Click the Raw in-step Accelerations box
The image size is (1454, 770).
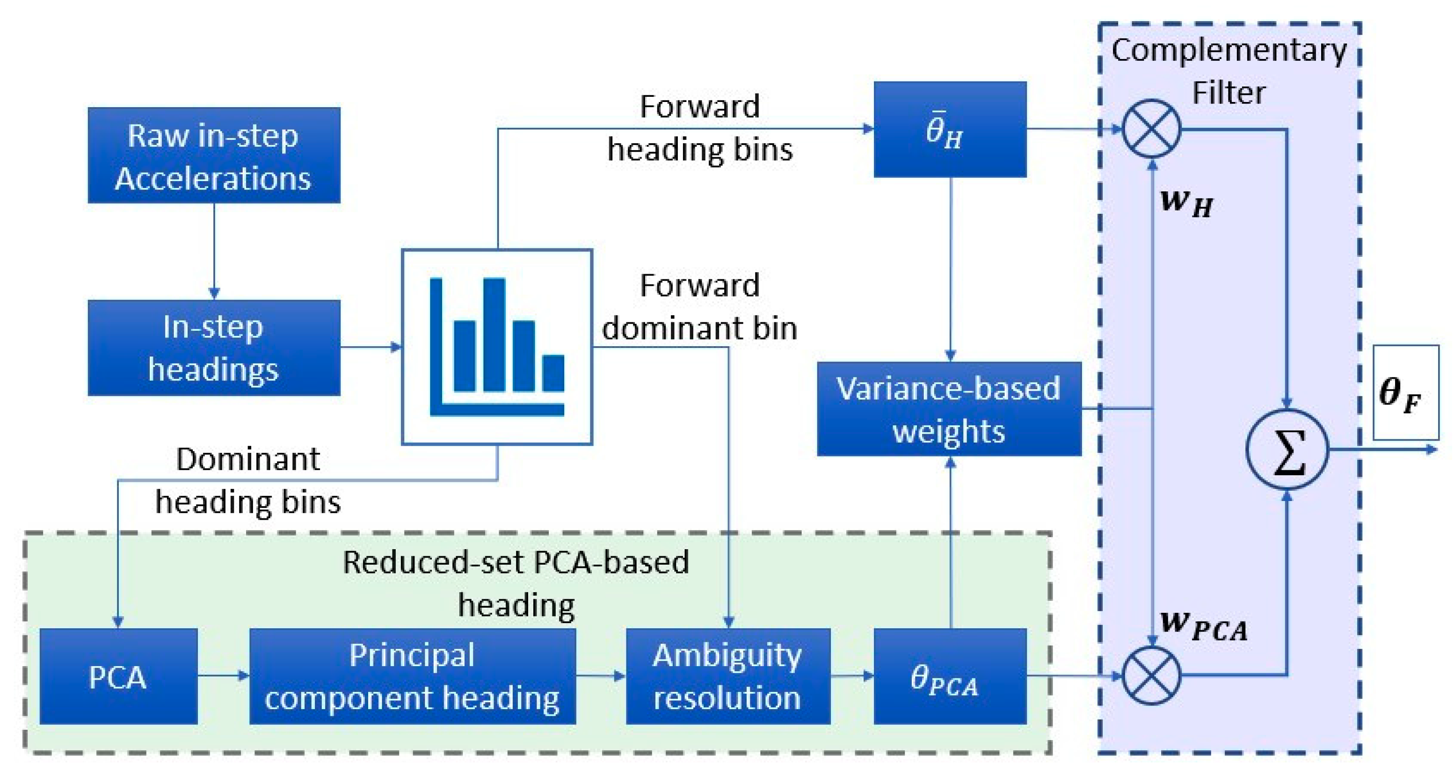pos(214,155)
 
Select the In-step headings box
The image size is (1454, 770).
pos(214,348)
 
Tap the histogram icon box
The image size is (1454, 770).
pos(497,347)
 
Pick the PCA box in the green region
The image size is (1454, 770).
pos(118,676)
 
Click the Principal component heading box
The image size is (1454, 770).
pos(413,676)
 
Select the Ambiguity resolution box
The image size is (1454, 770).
pos(728,676)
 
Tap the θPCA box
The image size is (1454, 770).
pos(950,676)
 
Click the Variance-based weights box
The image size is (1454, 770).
pos(949,409)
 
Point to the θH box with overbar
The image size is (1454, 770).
pos(950,129)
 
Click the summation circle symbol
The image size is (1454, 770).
pos(1287,450)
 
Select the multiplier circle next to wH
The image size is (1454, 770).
pos(1151,129)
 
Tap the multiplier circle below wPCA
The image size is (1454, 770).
pos(1151,675)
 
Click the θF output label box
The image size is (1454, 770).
pos(1406,392)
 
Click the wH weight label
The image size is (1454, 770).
pos(1186,203)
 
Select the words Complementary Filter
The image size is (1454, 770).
pos(1229,71)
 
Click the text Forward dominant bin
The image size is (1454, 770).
pos(700,306)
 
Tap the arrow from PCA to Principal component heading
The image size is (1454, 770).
pos(224,675)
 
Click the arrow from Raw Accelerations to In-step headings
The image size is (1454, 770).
pos(214,251)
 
